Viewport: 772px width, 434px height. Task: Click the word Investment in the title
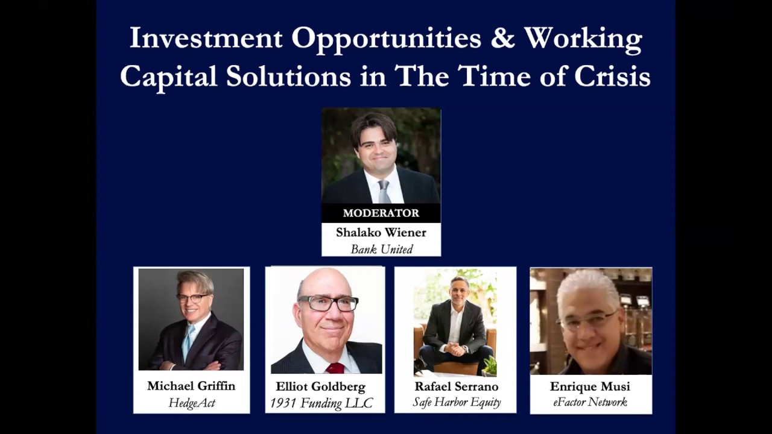[x=206, y=39]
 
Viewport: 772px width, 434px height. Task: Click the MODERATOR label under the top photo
[x=381, y=213]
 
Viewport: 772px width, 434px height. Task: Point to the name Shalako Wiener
[x=381, y=232]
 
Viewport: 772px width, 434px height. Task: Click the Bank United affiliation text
[x=381, y=248]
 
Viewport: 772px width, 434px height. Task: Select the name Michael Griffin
[x=191, y=386]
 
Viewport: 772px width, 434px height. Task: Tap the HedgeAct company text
[x=191, y=403]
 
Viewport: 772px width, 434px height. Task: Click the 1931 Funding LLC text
[x=321, y=403]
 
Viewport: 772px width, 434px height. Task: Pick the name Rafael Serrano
[x=455, y=386]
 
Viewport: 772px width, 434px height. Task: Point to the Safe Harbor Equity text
[x=456, y=402]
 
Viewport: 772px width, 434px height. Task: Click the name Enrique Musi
[x=590, y=386]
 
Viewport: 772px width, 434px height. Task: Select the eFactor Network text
[x=590, y=402]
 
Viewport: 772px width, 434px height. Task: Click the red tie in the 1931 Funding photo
[x=335, y=368]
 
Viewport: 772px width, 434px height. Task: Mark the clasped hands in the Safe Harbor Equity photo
[x=455, y=350]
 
